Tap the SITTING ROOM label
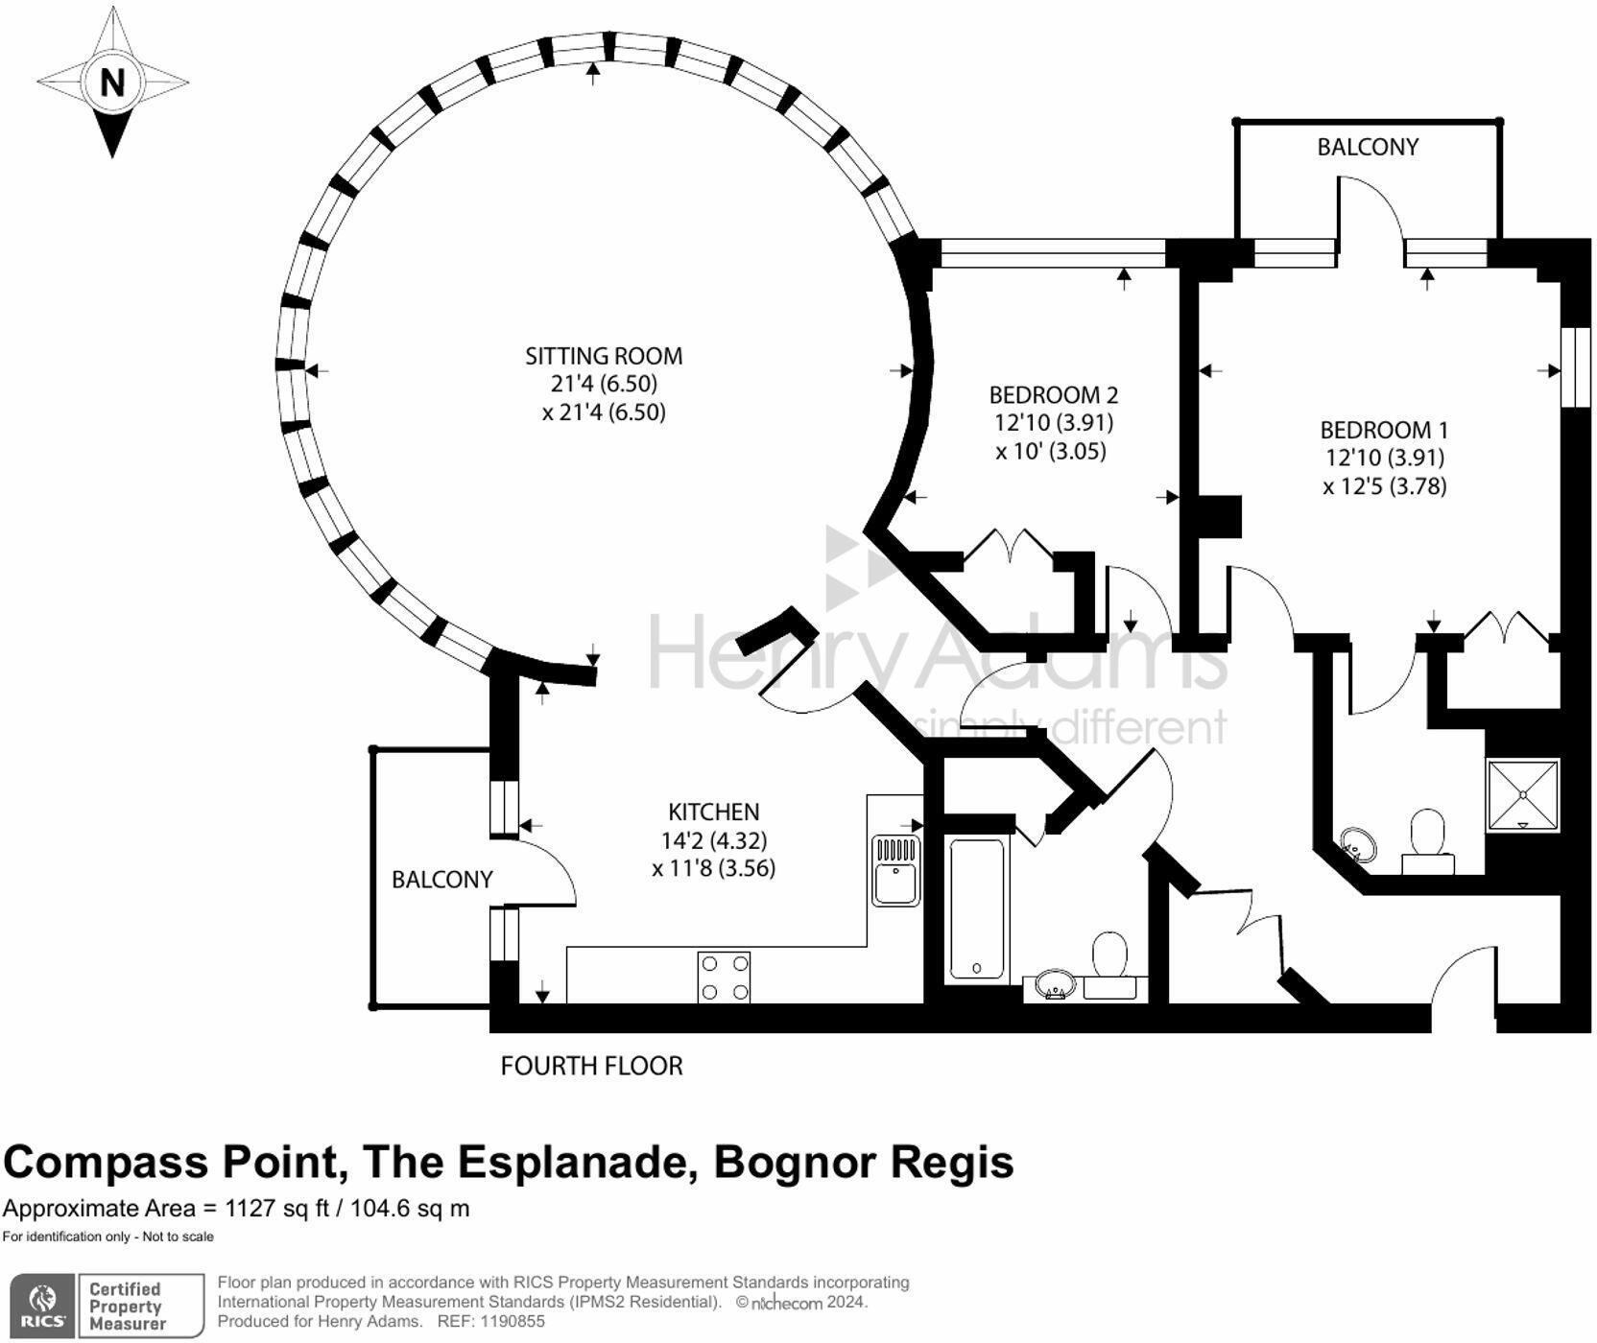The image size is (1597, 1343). coord(604,356)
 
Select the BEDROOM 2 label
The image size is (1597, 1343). coord(1053,394)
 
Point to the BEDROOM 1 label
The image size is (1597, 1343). coord(1383,430)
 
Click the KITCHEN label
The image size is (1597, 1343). coord(713,812)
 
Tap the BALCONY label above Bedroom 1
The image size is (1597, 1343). coord(1367,147)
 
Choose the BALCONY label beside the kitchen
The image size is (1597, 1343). coord(441,879)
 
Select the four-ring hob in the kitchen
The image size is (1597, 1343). coord(724,978)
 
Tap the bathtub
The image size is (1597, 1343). coord(977,908)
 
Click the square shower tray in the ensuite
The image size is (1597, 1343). coord(1522,794)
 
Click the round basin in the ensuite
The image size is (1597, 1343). coord(1357,845)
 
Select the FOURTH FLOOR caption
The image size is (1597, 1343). coord(591,1066)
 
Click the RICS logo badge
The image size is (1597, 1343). coord(41,1306)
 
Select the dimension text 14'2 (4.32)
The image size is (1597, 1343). coord(713,840)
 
